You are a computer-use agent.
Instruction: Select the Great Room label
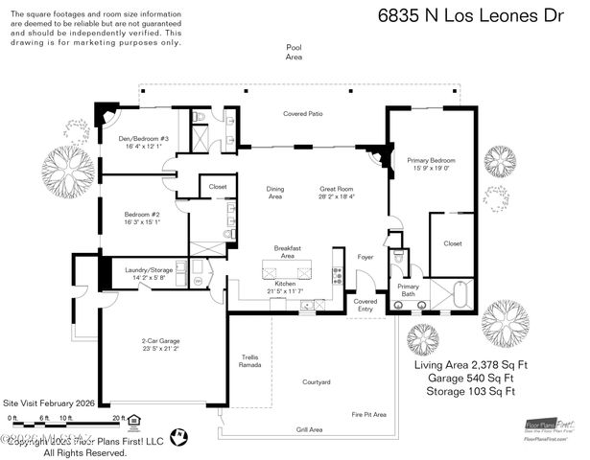coord(337,193)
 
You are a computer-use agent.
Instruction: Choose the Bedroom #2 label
coord(142,218)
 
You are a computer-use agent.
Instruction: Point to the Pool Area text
coord(294,52)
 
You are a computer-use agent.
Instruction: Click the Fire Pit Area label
coord(368,414)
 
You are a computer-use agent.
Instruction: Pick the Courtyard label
coord(316,382)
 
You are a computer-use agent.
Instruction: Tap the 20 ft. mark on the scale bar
coord(119,419)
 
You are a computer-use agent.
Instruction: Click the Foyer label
coord(365,257)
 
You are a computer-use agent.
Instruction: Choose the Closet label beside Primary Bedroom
coord(452,243)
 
